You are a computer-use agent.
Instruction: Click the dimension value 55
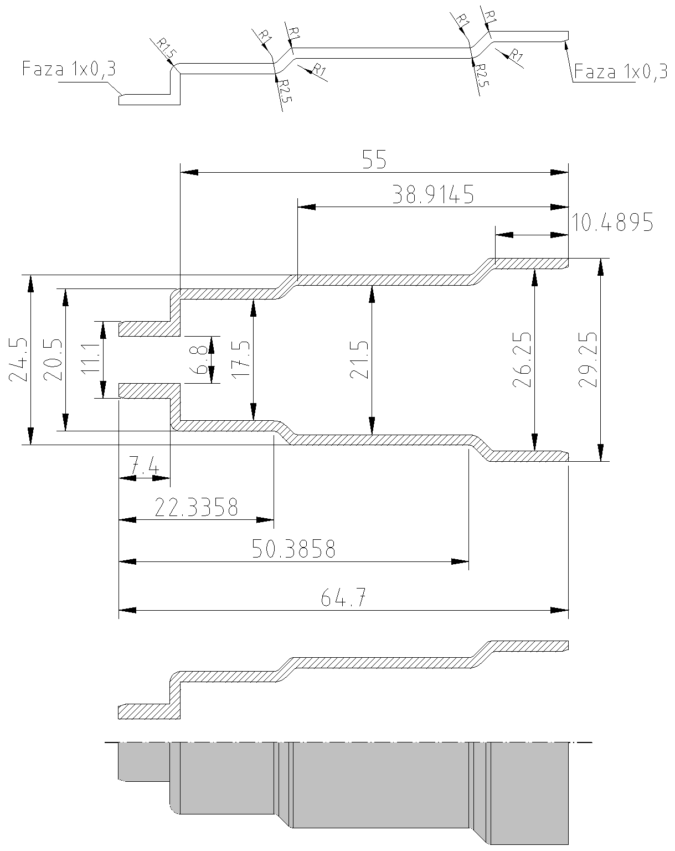374,161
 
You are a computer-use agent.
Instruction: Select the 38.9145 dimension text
432,195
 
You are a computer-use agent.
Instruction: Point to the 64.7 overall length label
343,599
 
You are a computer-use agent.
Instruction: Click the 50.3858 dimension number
293,549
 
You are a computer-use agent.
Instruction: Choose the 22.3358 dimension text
196,507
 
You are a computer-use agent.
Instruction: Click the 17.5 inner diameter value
240,360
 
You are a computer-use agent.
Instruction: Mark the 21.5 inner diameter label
359,360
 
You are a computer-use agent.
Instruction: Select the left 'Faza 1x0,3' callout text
69,70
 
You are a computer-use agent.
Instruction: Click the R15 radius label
166,49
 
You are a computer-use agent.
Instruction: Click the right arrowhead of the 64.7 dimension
560,611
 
